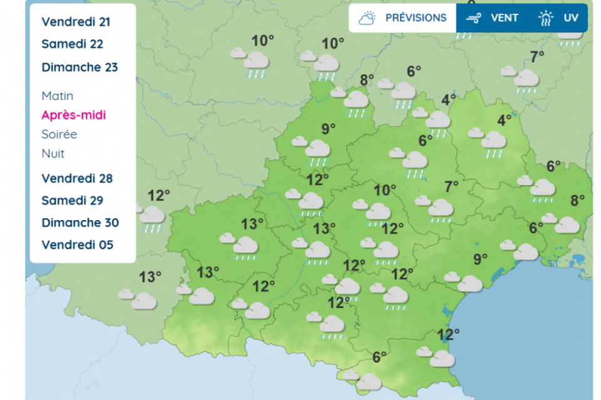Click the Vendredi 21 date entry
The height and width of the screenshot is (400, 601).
[76, 22]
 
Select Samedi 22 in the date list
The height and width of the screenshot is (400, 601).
[72, 44]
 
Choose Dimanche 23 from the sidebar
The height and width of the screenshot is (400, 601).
[80, 67]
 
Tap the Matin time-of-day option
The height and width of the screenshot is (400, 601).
[58, 96]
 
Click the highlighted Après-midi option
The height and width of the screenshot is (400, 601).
[74, 115]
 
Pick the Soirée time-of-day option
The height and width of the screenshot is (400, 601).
[59, 134]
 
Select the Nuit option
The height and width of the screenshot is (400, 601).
[53, 154]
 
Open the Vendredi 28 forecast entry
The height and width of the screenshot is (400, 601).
[77, 179]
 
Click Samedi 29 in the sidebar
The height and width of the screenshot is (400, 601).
[72, 201]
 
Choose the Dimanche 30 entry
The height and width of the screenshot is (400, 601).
[80, 223]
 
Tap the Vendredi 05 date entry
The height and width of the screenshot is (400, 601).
[78, 245]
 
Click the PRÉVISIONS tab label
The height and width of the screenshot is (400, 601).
[416, 17]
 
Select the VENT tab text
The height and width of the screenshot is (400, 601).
[504, 17]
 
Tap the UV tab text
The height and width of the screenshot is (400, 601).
[570, 17]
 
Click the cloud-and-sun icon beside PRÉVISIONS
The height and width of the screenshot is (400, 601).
[367, 17]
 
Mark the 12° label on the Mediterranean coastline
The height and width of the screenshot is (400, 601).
[449, 334]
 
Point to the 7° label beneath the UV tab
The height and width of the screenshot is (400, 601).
[537, 57]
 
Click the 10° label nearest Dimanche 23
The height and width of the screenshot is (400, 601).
[263, 41]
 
